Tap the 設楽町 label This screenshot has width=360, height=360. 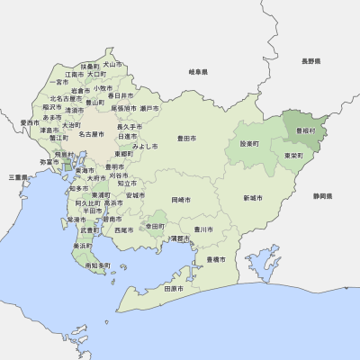tap(249, 143)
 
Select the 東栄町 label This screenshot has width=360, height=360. tap(292, 155)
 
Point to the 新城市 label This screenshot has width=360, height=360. tap(253, 197)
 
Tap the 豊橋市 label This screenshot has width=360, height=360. tap(216, 259)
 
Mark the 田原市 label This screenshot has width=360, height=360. tap(173, 290)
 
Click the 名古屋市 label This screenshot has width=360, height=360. tap(93, 134)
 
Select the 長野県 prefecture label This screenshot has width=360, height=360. tap(310, 61)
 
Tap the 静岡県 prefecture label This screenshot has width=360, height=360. tap(323, 195)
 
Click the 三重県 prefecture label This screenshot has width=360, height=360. tap(18, 177)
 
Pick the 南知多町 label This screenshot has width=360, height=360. tap(96, 265)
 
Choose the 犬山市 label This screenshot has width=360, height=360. tap(112, 65)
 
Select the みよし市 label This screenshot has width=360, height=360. tap(145, 145)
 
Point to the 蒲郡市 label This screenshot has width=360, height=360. tap(180, 238)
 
